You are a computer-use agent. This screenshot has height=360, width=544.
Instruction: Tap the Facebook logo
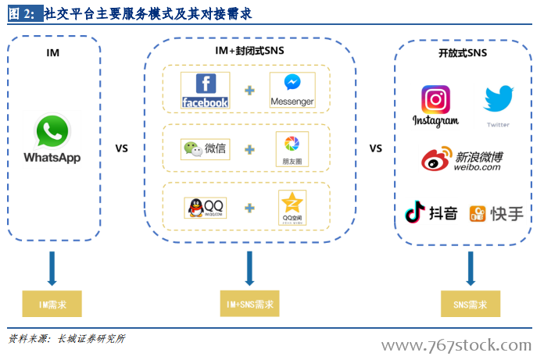205,91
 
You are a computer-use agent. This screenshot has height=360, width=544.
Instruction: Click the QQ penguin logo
205,208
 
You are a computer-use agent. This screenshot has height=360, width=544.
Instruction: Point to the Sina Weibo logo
438,159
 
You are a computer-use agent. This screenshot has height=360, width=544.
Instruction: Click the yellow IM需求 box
52,303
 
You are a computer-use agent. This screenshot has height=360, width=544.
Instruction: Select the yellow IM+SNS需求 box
249,303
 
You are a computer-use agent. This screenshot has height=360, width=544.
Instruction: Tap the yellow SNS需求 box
470,303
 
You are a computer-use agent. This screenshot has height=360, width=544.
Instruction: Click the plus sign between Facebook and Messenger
249,91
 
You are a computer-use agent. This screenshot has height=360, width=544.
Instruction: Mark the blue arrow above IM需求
52,268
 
